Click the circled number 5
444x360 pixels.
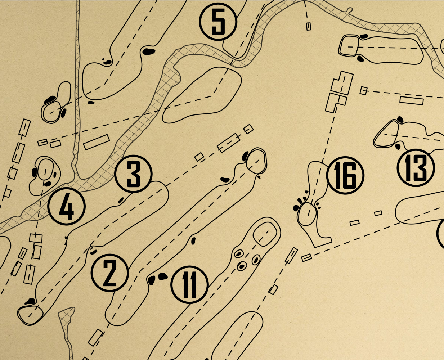tap(218, 22)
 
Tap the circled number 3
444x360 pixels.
tap(133, 174)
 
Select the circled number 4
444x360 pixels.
tap(67, 206)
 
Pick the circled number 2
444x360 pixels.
tap(110, 273)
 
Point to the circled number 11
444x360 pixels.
tap(189, 285)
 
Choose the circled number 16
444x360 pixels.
tap(345, 175)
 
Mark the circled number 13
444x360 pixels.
tap(416, 168)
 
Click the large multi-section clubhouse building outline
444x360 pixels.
tap(339, 92)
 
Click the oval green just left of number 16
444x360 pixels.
tap(307, 214)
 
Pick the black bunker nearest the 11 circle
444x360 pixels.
tap(163, 277)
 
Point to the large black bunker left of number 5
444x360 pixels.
tap(148, 51)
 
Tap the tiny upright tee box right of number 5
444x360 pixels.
tap(309, 26)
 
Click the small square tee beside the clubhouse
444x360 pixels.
tap(364, 91)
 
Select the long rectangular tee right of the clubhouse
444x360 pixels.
tap(412, 100)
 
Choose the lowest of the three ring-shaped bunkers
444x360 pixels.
tap(242, 266)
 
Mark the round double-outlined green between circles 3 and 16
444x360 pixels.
tap(256, 161)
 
